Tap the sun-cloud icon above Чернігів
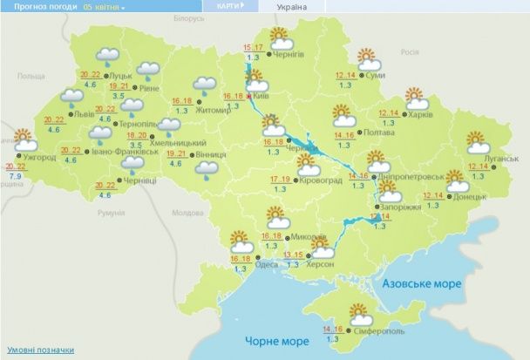(x=280, y=38)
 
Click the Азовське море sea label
(x=422, y=284)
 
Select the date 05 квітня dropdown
(x=105, y=6)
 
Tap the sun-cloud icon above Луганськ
(x=477, y=141)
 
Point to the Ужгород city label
(x=40, y=158)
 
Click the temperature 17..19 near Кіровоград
(x=280, y=179)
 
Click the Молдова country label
(x=187, y=213)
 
